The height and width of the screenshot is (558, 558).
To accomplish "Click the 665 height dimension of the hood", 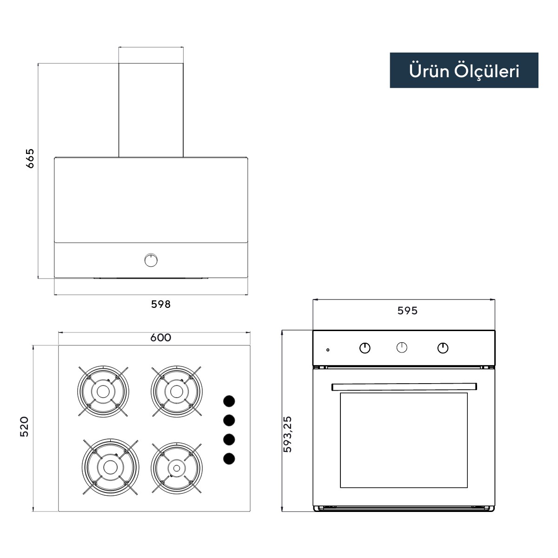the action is tap(30, 159).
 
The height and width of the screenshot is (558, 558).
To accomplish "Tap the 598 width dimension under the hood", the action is tap(161, 304).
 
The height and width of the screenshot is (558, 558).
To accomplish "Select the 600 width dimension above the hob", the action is tap(161, 338).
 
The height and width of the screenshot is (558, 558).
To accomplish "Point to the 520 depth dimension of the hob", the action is tap(24, 426).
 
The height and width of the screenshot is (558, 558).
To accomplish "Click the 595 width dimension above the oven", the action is tap(407, 311).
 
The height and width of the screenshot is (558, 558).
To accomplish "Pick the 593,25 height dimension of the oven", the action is tap(287, 434).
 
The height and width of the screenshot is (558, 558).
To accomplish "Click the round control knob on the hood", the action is tap(151, 260).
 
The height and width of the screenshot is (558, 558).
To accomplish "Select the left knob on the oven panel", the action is tap(365, 348).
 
